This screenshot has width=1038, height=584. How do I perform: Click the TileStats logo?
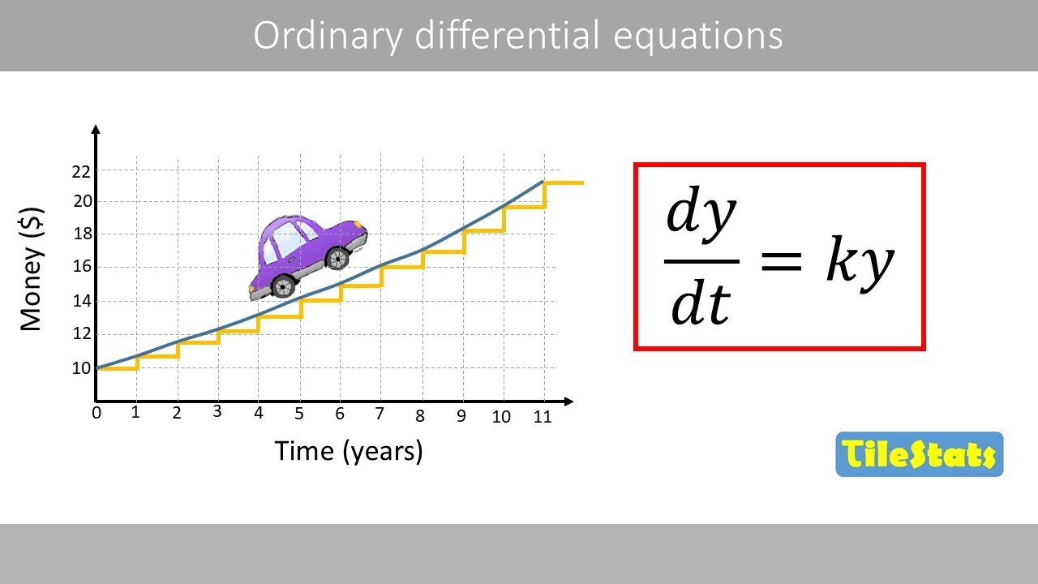[x=919, y=454]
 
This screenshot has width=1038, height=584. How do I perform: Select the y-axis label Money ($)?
[x=32, y=269]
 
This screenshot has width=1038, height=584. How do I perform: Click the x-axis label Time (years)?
[x=349, y=450]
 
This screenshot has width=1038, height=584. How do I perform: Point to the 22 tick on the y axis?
[x=80, y=171]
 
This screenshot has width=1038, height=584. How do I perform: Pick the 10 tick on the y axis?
[x=80, y=368]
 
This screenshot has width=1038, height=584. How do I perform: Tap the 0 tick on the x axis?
[x=97, y=414]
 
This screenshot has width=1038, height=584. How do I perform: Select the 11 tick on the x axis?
[x=542, y=417]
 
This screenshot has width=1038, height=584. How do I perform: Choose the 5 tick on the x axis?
[x=298, y=414]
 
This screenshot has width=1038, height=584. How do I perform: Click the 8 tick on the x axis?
[x=420, y=416]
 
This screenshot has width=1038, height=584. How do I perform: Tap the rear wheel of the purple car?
[x=282, y=286]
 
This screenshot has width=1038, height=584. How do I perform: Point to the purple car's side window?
[x=289, y=237]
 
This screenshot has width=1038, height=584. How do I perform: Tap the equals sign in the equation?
[x=781, y=261]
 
